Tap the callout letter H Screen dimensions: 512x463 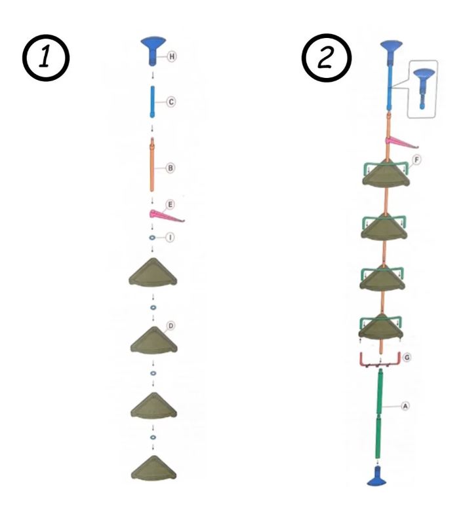172,57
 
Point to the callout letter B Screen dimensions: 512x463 170,168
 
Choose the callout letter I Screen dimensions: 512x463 170,238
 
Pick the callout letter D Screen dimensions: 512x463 171,325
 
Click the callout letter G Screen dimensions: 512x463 407,357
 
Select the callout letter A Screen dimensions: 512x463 405,406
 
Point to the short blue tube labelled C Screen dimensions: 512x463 152,103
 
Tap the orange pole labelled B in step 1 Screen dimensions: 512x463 152,167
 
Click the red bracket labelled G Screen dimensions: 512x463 380,359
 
